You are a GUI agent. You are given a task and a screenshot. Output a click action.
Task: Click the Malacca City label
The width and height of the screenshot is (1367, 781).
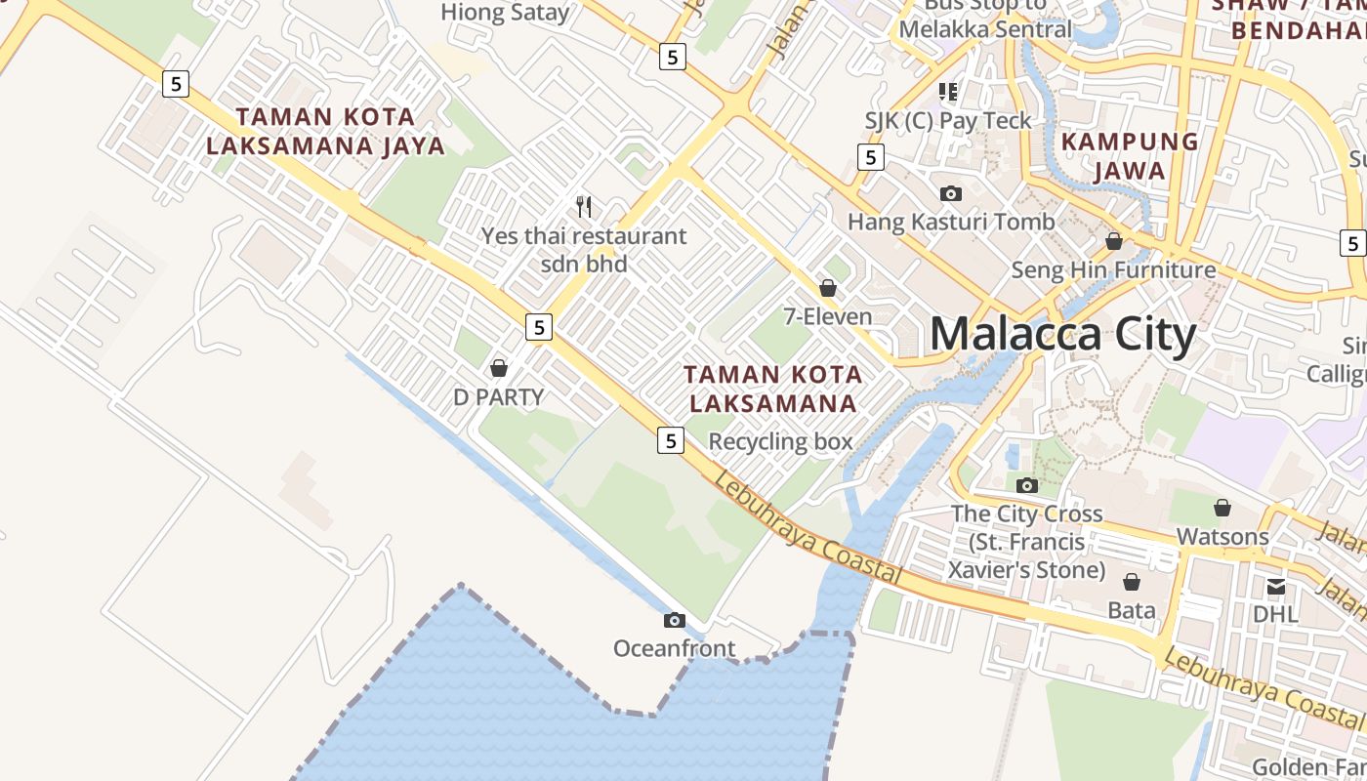(x=1062, y=335)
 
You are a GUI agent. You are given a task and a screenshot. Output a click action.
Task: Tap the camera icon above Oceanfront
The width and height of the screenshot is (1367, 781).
(x=674, y=620)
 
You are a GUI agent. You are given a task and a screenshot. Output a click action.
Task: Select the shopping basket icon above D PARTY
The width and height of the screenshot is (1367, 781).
(x=499, y=368)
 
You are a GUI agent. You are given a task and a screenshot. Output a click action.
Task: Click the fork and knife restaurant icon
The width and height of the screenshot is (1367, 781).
(x=584, y=206)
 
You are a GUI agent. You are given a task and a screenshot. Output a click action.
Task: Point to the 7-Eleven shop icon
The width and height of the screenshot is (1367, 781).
(x=828, y=288)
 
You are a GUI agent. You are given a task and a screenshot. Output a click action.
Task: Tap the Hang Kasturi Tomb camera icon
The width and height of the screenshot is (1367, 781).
(x=950, y=193)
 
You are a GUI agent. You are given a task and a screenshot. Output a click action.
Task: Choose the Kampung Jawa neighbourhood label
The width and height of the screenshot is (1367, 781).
(x=1129, y=156)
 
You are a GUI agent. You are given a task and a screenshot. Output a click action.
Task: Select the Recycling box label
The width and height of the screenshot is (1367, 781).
(x=780, y=441)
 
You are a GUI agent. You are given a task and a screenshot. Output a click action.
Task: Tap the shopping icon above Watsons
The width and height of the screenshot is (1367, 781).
(x=1222, y=508)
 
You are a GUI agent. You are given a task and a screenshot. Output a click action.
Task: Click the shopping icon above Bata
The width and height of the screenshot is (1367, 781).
(x=1132, y=582)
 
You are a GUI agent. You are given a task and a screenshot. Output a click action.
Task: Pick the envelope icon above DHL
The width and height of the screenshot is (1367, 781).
(x=1275, y=587)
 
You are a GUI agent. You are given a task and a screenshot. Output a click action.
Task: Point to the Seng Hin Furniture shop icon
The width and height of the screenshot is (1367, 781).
(x=1113, y=241)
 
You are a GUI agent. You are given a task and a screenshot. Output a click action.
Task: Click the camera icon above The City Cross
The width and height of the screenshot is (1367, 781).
(x=1026, y=485)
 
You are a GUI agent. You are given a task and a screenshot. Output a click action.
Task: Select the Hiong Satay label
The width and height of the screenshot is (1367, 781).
(x=505, y=13)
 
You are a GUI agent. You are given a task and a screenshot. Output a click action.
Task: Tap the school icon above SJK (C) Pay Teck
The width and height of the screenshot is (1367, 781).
(x=947, y=92)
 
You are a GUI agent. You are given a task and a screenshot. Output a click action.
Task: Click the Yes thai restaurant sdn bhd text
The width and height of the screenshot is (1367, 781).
(x=584, y=250)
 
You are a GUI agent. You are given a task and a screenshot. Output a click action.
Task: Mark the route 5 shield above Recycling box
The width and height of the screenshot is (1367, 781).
(x=670, y=440)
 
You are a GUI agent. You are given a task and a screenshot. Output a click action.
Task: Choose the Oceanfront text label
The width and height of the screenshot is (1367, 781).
(x=674, y=647)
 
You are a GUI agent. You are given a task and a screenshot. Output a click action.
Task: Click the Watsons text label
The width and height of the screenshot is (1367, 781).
(x=1222, y=536)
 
